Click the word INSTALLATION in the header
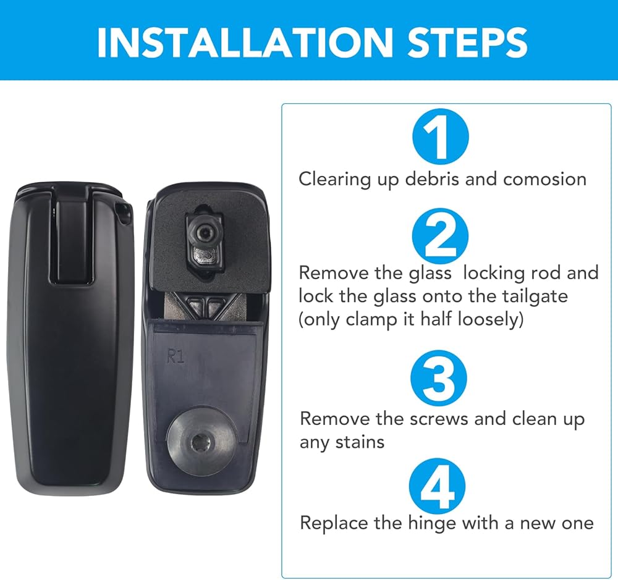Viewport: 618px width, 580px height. click(244, 42)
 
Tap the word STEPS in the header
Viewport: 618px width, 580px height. click(467, 42)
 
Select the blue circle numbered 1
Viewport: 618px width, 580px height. click(441, 137)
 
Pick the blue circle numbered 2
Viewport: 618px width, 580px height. click(440, 237)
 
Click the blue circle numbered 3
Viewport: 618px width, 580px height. click(439, 378)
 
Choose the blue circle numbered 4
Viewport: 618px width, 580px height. click(438, 486)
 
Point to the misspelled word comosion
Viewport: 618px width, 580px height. click(544, 180)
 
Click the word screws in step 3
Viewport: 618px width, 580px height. click(439, 419)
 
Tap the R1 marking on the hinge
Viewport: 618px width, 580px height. click(176, 356)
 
